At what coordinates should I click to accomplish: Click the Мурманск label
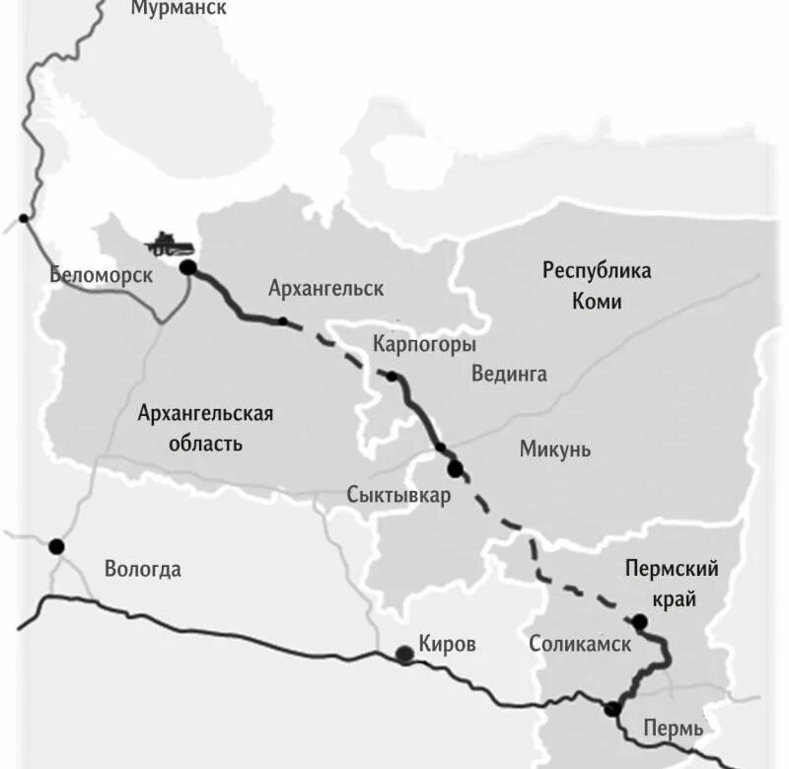pos(179,9)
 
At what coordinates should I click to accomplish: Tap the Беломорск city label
pos(101,275)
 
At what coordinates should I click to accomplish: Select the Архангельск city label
pos(325,289)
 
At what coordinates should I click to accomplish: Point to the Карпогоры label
pos(424,344)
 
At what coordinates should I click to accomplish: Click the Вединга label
pos(509,374)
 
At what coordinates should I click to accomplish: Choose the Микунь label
pos(555,450)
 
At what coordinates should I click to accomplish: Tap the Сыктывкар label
pos(398,495)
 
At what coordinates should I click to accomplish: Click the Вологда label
pos(143,569)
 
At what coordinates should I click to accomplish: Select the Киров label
pos(447,645)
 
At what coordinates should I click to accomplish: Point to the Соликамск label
pos(580,645)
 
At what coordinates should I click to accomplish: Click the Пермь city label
pos(673,730)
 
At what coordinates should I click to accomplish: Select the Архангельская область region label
pos(205,428)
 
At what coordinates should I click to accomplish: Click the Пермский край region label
pos(672,583)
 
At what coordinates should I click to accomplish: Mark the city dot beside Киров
pos(403,654)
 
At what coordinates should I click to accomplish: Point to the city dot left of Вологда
pos(56,546)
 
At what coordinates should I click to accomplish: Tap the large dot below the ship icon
pos(187,267)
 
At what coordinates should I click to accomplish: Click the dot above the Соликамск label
pos(640,621)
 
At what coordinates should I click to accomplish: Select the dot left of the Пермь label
pos(612,708)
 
